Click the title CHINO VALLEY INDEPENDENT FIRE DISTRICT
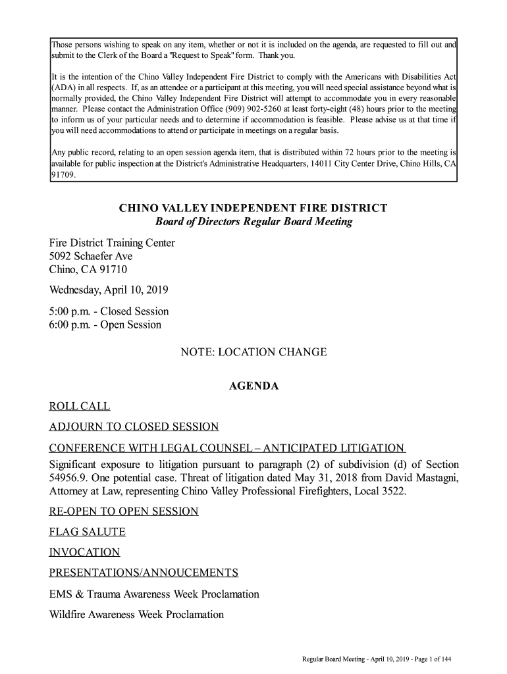[253, 209]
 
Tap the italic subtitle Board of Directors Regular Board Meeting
[254, 222]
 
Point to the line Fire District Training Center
[112, 243]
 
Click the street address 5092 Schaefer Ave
[91, 256]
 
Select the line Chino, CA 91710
[88, 270]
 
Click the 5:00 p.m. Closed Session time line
[109, 311]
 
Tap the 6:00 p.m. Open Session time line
[105, 324]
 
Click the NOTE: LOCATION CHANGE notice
[254, 352]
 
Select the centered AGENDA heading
[254, 386]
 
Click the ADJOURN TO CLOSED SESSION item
[134, 427]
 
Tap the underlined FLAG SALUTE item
[87, 532]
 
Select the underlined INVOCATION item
[84, 552]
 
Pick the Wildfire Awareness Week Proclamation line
[136, 615]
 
